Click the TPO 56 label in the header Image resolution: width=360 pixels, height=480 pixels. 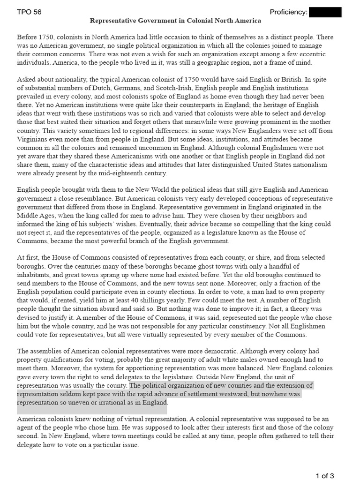click(29, 12)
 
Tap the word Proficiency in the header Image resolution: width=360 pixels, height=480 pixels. click(288, 12)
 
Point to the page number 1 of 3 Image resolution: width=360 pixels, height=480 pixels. click(325, 476)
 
